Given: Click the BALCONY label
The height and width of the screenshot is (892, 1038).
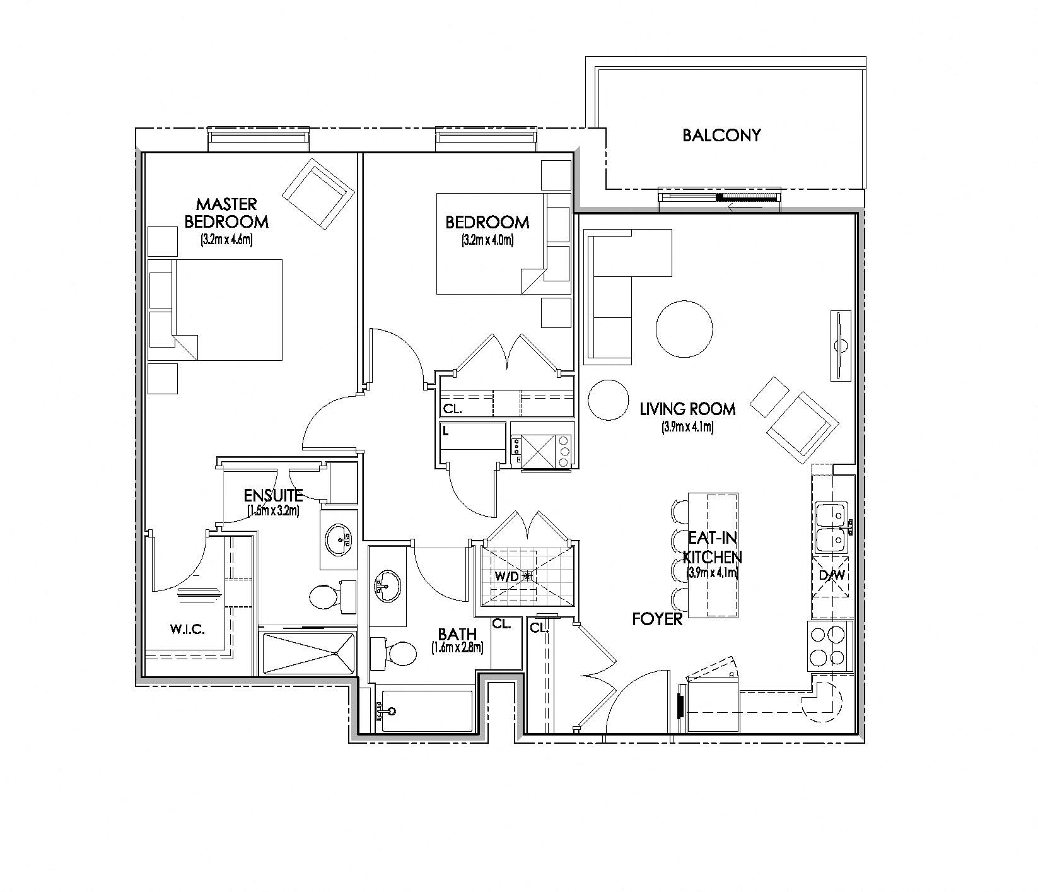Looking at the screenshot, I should [x=721, y=135].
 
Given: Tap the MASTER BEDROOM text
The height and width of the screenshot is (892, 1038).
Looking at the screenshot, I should [x=226, y=213].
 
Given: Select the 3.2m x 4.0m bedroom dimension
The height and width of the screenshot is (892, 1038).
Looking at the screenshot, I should [x=487, y=240].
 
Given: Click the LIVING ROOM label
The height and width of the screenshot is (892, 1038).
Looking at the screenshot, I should [x=687, y=409].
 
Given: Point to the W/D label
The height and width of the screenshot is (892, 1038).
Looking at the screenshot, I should [x=506, y=576].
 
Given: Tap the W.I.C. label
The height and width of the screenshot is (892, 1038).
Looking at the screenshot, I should [x=187, y=630].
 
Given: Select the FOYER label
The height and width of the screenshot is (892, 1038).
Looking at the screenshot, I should [x=657, y=619].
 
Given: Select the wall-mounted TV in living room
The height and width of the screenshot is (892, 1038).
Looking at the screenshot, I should [x=841, y=345].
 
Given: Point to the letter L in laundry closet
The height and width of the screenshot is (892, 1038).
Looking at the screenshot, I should [x=446, y=431].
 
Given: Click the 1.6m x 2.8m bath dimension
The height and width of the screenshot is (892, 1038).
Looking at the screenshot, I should [x=457, y=648].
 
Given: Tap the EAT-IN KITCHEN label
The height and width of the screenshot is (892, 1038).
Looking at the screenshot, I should [x=713, y=547].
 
